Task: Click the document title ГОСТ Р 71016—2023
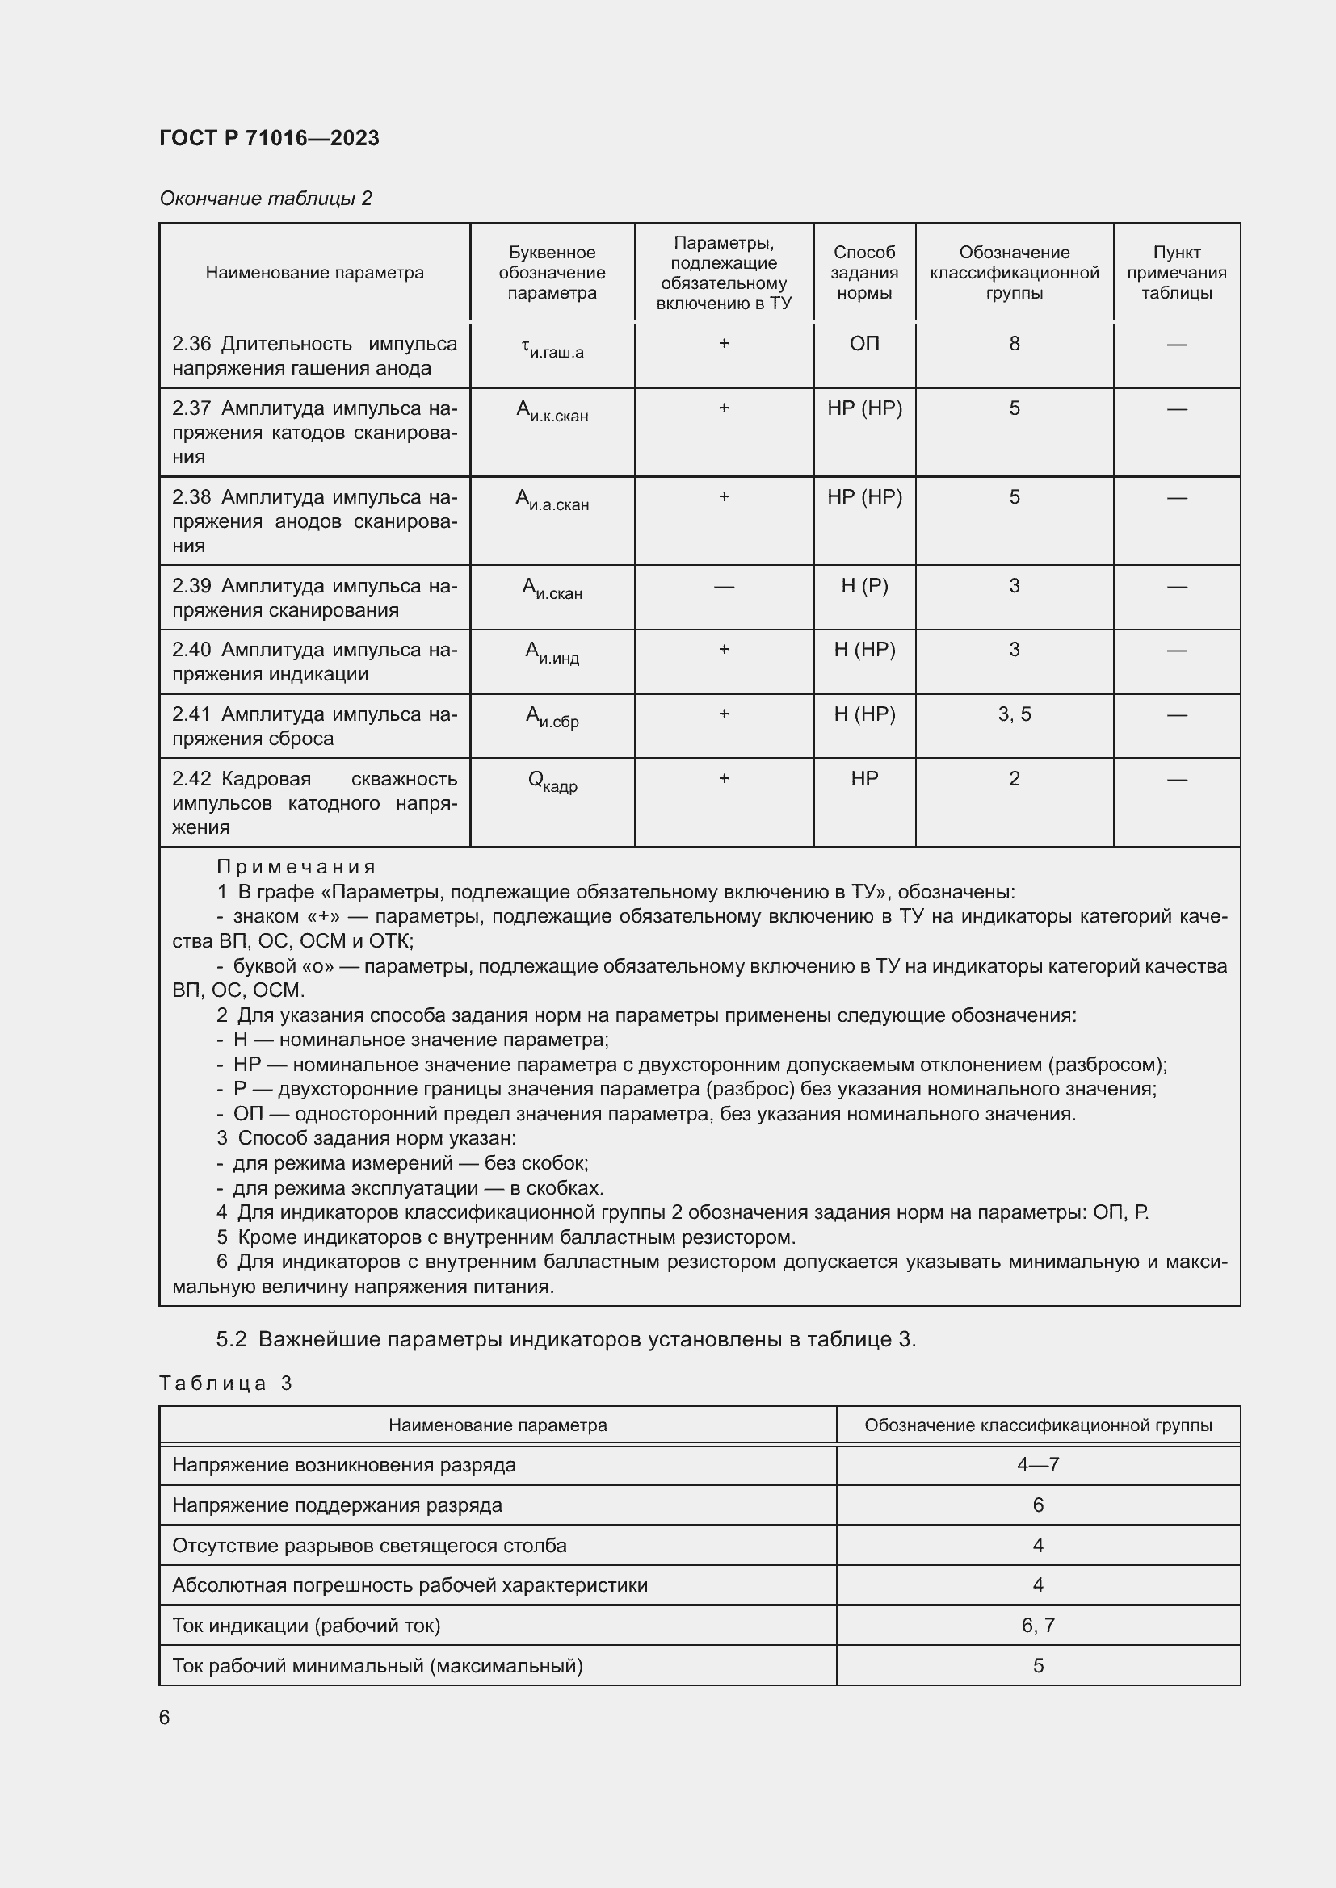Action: tap(269, 138)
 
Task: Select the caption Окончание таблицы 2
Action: tap(265, 199)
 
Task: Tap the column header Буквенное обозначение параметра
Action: tap(551, 273)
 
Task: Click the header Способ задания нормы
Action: tap(863, 273)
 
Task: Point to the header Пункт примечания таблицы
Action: tap(1175, 273)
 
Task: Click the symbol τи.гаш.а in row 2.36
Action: tap(552, 350)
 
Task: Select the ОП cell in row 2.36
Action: tap(863, 344)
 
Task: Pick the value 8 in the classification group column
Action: tap(1014, 344)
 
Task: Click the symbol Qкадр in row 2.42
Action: tap(552, 781)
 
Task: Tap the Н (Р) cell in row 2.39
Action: tap(863, 586)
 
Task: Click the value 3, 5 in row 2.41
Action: tap(1014, 714)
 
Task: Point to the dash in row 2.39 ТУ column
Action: tap(723, 586)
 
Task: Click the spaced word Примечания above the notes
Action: tap(296, 867)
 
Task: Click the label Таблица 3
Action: tap(225, 1384)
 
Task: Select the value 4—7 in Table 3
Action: tap(1037, 1464)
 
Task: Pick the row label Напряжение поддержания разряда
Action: tap(337, 1505)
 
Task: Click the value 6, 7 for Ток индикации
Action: tap(1037, 1625)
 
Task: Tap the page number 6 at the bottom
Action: tap(165, 1718)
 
